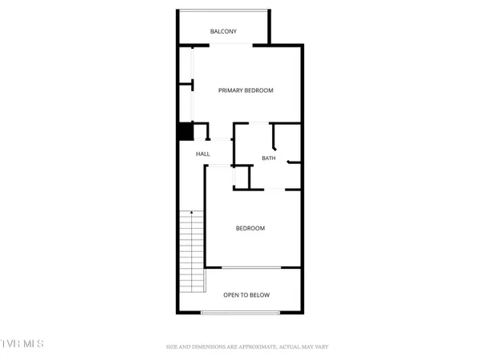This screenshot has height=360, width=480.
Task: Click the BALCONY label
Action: [223, 32]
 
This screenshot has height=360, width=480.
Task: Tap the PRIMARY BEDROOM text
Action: [246, 90]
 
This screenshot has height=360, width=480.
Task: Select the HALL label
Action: [203, 154]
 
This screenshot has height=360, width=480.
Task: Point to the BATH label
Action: [269, 158]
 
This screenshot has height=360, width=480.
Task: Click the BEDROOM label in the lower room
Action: [250, 229]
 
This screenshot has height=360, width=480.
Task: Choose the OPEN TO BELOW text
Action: [246, 295]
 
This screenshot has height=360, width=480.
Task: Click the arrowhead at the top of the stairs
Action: [191, 212]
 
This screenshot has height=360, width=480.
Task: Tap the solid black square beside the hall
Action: [186, 130]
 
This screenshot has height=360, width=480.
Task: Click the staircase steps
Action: [191, 252]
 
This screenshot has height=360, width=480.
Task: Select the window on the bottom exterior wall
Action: [240, 312]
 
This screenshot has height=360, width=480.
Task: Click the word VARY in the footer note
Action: [320, 347]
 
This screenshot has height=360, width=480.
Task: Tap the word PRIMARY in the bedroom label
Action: [230, 90]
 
